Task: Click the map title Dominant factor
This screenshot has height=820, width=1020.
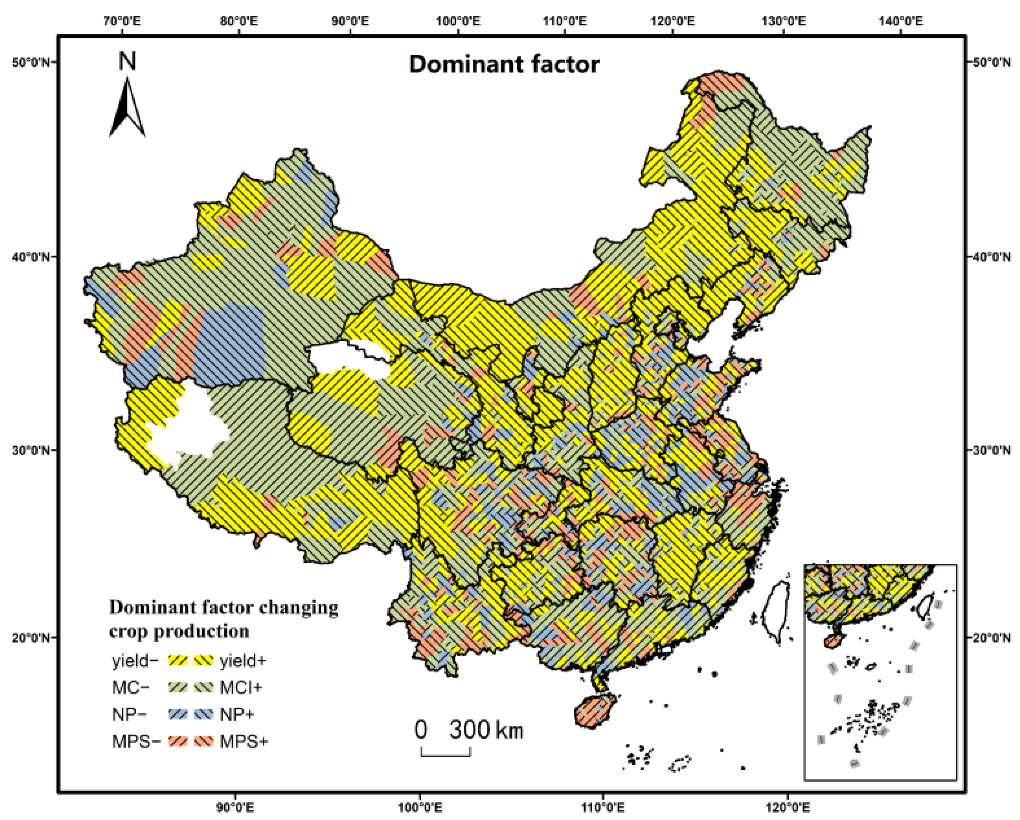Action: (x=504, y=64)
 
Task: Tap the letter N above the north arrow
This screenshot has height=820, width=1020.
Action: (x=127, y=61)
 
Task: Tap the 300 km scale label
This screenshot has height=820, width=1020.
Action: (x=486, y=730)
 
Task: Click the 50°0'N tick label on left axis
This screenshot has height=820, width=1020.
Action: (x=31, y=63)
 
